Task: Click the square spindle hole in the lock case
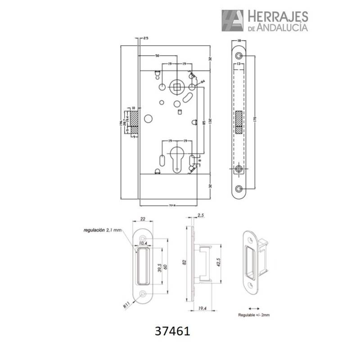pyautogui.click(x=177, y=86)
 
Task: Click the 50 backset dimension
pyautogui.click(x=157, y=56)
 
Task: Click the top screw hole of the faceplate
pyautogui.click(x=238, y=55)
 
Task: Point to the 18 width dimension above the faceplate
pyautogui.click(x=239, y=41)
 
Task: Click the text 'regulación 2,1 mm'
pyautogui.click(x=103, y=230)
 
